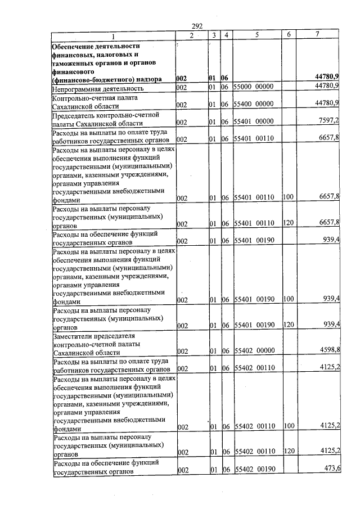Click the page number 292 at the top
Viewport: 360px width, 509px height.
197,26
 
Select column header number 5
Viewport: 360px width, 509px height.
256,35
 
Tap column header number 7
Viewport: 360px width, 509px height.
317,35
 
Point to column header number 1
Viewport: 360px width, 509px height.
112,35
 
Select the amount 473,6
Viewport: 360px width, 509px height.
330,470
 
